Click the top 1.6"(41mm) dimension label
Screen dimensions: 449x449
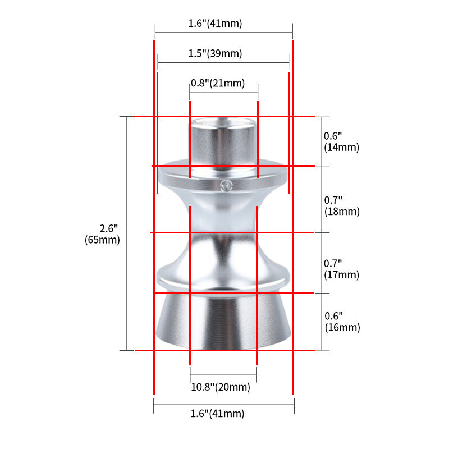tap(215, 23)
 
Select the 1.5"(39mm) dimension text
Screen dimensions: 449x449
tap(215, 53)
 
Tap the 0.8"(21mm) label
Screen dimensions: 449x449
tap(218, 83)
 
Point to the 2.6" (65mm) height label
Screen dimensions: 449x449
tap(102, 234)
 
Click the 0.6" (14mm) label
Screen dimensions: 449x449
tap(341, 141)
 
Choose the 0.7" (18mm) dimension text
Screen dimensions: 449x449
tap(342, 205)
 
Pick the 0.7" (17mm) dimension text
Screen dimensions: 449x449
tap(341, 269)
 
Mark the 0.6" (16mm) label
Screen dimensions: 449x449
tap(342, 322)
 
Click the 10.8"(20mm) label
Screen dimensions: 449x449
tap(221, 387)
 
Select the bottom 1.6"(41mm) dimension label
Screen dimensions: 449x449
tap(217, 414)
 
